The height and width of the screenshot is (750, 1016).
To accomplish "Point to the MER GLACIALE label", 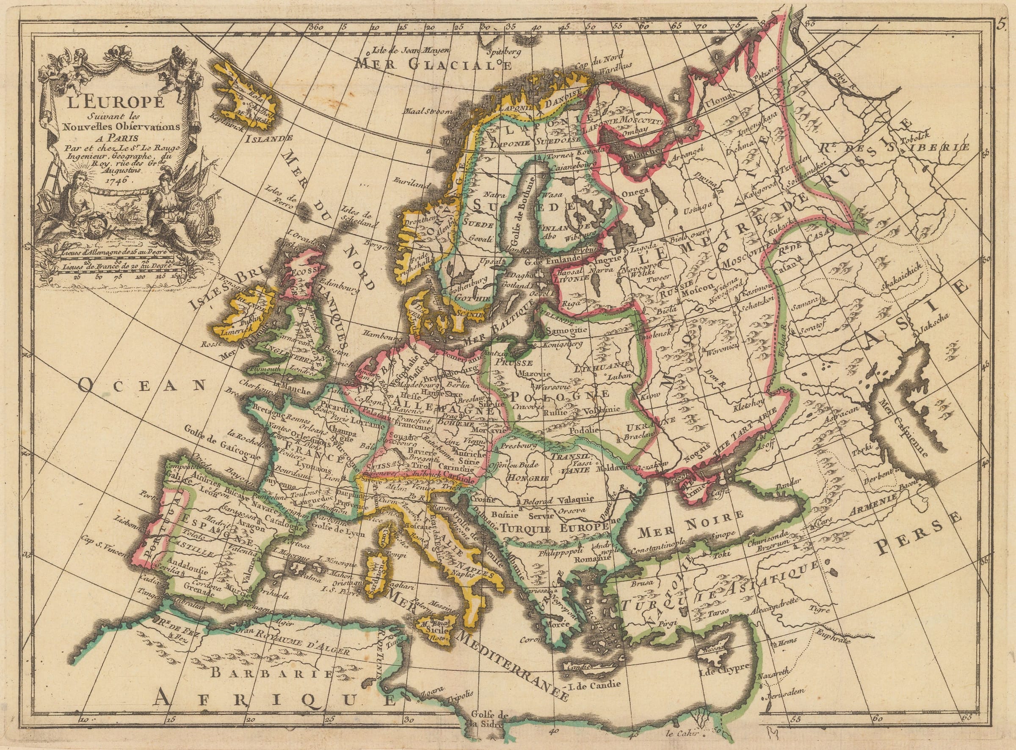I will tap(433, 64).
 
